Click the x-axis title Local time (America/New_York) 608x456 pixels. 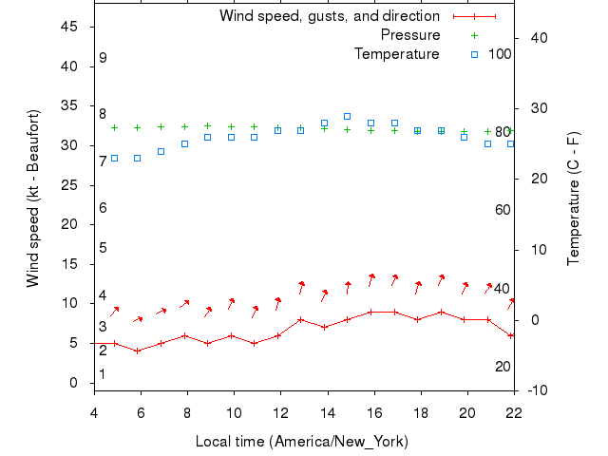click(x=301, y=442)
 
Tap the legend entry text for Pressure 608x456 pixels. click(x=410, y=35)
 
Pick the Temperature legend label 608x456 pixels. click(x=397, y=54)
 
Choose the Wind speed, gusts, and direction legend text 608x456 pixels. click(x=330, y=16)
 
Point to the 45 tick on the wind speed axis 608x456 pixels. click(x=68, y=27)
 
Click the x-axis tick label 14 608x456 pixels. click(x=328, y=412)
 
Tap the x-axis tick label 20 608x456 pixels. click(x=467, y=412)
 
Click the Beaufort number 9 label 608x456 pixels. click(x=103, y=58)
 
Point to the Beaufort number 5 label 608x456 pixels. click(x=103, y=248)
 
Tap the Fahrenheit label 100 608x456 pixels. click(x=500, y=53)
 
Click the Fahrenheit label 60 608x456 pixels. click(x=503, y=209)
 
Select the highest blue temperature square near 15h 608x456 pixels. click(x=347, y=117)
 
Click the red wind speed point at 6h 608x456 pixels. click(x=138, y=351)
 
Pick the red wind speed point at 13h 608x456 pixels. click(x=300, y=319)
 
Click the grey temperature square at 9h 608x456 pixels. click(x=207, y=138)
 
